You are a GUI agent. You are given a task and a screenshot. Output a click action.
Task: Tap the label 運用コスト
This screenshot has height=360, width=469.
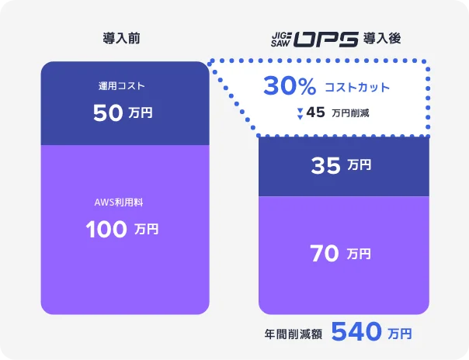122,86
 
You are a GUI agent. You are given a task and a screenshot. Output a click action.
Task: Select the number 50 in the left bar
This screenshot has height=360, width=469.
107,113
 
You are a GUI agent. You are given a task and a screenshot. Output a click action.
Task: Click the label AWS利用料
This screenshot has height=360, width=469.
122,202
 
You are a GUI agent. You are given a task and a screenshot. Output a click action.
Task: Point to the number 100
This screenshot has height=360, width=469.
106,230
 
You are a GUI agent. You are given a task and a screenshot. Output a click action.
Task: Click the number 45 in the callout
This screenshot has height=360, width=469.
315,112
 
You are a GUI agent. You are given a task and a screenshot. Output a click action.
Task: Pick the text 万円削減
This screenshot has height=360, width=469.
350,113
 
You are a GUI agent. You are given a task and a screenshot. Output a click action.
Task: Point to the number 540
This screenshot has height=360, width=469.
356,333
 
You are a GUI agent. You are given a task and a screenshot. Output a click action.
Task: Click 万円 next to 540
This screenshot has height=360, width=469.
400,334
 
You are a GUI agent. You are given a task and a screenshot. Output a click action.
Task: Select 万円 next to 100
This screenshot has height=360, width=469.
147,230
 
